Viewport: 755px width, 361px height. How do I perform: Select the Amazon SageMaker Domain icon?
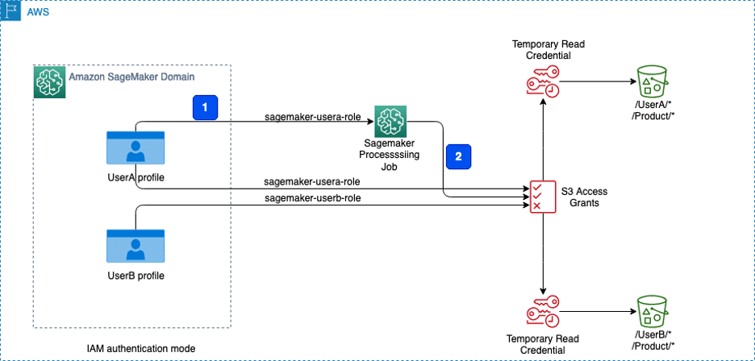[48, 82]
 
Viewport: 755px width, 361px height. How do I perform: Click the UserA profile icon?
[136, 149]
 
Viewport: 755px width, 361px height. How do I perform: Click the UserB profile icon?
[136, 247]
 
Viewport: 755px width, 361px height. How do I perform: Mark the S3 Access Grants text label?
[583, 197]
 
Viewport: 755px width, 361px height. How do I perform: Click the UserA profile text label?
[136, 176]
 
